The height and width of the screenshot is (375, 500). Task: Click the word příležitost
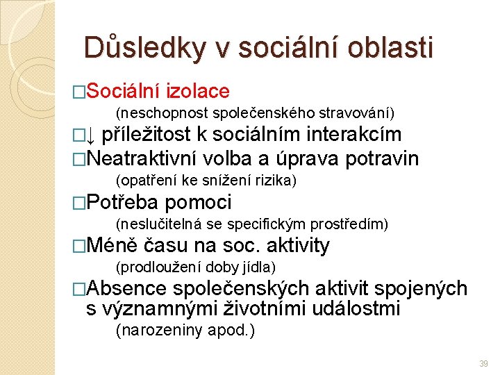point(147,133)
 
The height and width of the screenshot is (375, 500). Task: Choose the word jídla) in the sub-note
point(257,267)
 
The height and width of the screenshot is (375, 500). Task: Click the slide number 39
point(483,363)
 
